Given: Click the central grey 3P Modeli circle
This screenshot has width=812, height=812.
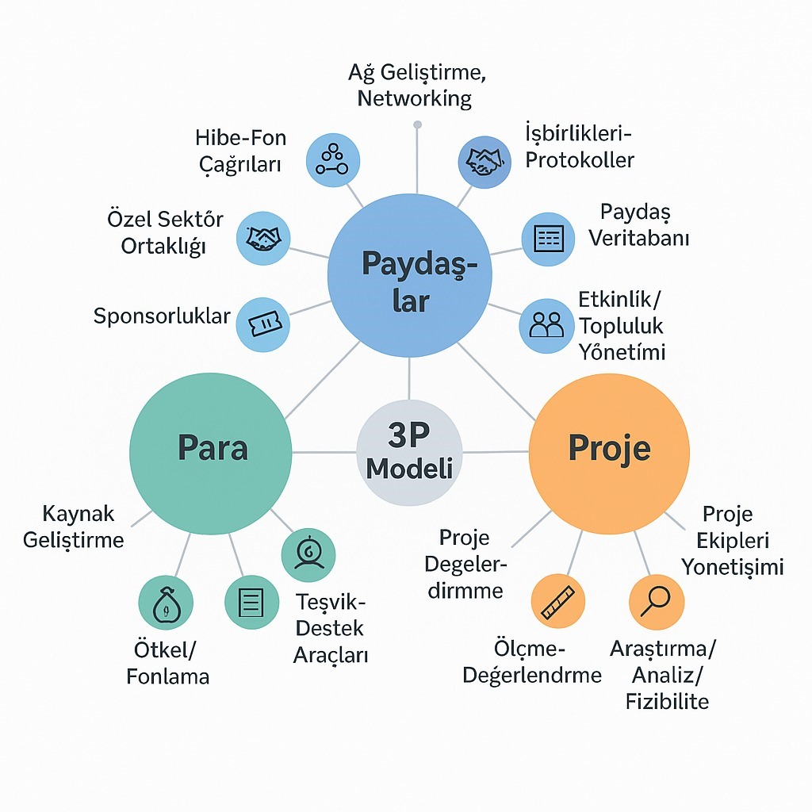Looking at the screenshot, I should click(x=409, y=451).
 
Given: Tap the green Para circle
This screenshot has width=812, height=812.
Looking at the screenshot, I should click(x=211, y=452).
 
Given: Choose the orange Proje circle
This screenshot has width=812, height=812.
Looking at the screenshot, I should click(x=609, y=452).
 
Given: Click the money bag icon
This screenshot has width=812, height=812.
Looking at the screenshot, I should click(x=166, y=603).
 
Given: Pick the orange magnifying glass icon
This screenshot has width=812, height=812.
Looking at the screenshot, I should click(x=656, y=602).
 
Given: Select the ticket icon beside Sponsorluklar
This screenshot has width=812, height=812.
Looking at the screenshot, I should click(x=263, y=324).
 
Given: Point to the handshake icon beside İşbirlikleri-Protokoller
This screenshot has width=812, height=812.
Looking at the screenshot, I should click(x=485, y=161).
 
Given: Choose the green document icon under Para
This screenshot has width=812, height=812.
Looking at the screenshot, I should click(x=251, y=603).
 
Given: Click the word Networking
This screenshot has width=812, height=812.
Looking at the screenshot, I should click(x=414, y=98).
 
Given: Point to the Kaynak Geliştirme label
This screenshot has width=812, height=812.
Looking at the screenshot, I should click(x=74, y=527).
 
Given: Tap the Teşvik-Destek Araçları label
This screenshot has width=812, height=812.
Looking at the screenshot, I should click(x=331, y=628).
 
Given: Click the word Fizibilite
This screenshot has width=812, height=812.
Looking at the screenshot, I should click(x=667, y=701).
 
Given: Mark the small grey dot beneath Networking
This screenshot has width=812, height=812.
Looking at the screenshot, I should click(x=418, y=124).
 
